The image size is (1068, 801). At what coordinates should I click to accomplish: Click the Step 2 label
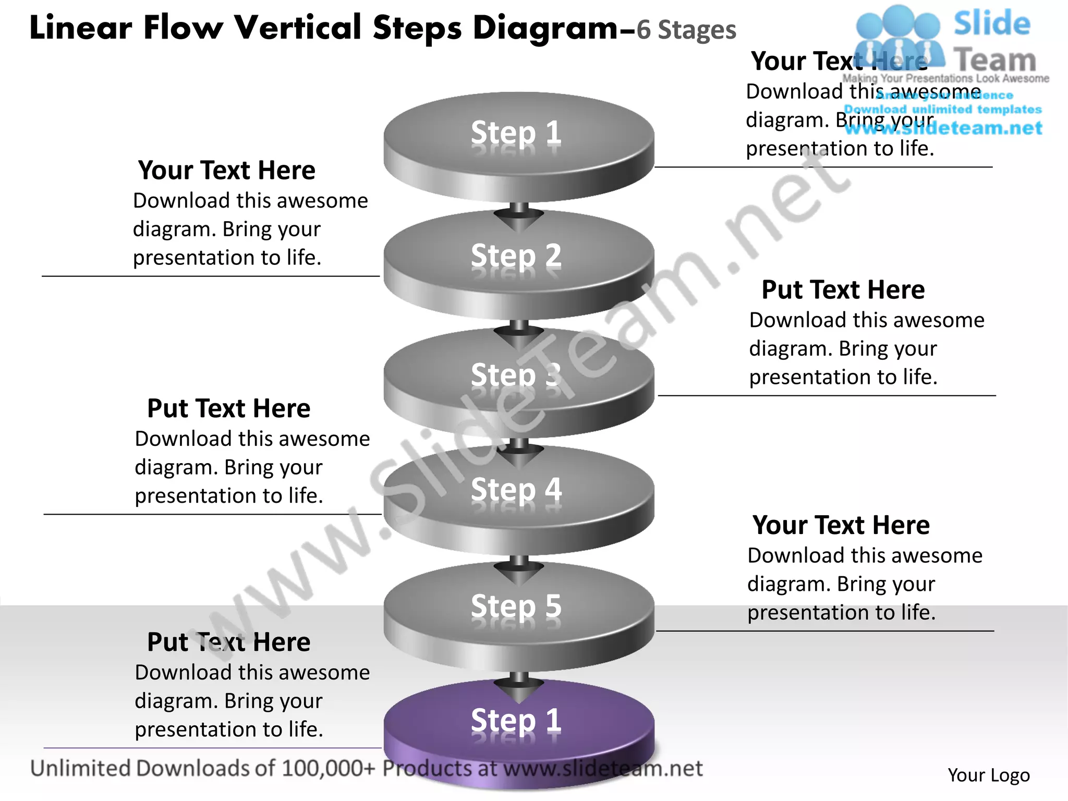coord(516,256)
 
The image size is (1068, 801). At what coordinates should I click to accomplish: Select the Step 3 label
coord(516,374)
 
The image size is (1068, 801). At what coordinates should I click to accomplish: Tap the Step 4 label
coord(516,490)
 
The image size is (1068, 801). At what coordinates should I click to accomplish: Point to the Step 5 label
coord(516,606)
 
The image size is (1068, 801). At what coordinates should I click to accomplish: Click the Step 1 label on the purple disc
coord(516,720)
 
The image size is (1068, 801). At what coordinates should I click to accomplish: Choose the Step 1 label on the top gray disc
coord(516,132)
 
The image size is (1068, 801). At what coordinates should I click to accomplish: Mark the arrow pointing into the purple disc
coord(519,688)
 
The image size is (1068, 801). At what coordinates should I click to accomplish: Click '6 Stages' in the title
coord(686,30)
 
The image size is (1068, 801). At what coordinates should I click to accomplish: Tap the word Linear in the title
coord(81,27)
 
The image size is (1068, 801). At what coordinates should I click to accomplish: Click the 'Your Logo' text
coord(988,775)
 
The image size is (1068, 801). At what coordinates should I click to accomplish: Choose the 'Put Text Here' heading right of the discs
coord(843,290)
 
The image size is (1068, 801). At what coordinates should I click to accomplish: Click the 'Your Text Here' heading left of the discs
coord(227,171)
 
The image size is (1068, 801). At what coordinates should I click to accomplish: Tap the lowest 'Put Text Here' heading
coord(228,642)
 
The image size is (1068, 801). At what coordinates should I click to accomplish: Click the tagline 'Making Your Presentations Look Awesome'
coord(945,78)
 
